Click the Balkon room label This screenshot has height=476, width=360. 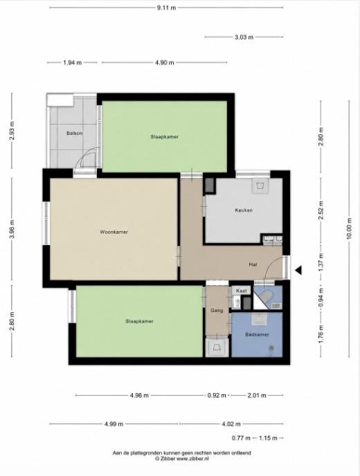pyautogui.click(x=75, y=133)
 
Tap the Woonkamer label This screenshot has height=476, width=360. pyautogui.click(x=114, y=232)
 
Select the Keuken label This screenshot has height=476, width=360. pyautogui.click(x=244, y=210)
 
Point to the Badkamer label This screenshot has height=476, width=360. pyautogui.click(x=257, y=335)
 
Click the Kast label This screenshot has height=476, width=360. pyautogui.click(x=242, y=291)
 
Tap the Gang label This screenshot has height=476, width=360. pyautogui.click(x=217, y=311)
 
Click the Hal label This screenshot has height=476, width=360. pyautogui.click(x=253, y=264)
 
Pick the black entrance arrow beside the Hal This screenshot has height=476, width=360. pyautogui.click(x=298, y=270)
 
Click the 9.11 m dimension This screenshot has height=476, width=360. pyautogui.click(x=166, y=8)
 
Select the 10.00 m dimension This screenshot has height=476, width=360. pyautogui.click(x=349, y=228)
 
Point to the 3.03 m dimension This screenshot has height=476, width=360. pyautogui.click(x=244, y=37)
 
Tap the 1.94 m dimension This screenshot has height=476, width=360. pyautogui.click(x=72, y=63)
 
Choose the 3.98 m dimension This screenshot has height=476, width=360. pyautogui.click(x=12, y=228)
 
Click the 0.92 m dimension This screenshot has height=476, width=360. pyautogui.click(x=217, y=396)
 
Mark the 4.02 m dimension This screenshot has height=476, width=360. pyautogui.click(x=231, y=424)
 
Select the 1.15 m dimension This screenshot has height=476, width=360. pyautogui.click(x=268, y=438)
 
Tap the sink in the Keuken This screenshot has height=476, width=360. pyautogui.click(x=260, y=186)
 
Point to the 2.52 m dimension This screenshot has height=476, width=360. pyautogui.click(x=321, y=208)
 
